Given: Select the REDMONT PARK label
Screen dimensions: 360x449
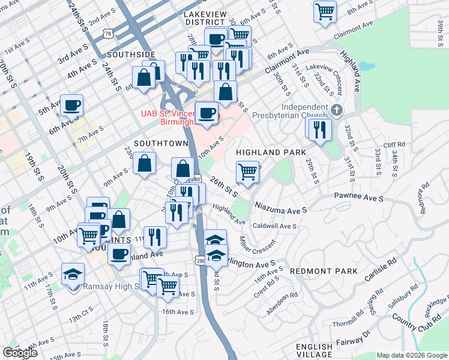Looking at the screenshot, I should [324, 271].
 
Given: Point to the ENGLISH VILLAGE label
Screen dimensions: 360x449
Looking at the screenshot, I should [314, 351].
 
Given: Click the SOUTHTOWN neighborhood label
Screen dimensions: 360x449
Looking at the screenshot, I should [161, 143].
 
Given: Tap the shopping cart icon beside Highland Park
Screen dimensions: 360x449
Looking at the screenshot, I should [247, 172].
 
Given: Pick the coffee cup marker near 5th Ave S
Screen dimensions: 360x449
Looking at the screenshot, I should [72, 105].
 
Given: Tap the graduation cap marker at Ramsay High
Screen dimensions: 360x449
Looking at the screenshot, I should [73, 275].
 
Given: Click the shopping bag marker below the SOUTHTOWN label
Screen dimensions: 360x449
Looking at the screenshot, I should [145, 163].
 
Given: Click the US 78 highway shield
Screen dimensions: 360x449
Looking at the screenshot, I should [107, 34].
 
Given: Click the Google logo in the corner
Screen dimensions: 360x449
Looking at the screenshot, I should [20, 353].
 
